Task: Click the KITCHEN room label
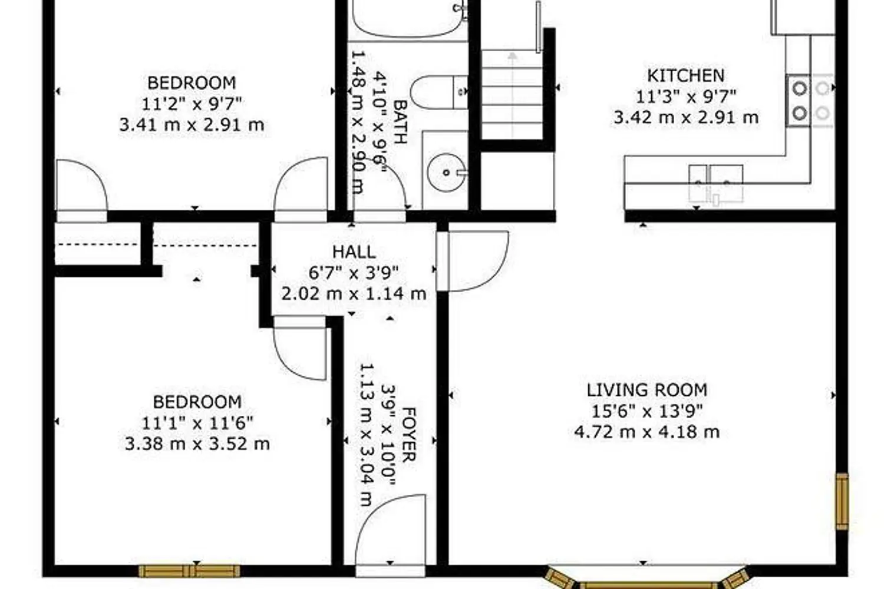tap(686, 76)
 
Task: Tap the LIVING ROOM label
tap(647, 390)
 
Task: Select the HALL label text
tap(354, 252)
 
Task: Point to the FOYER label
tap(409, 434)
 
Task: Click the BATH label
tap(400, 122)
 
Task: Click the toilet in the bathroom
tap(439, 92)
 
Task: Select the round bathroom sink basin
tap(446, 173)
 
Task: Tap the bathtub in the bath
tap(409, 19)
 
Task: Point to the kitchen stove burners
tap(810, 101)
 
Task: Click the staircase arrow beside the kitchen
tap(512, 95)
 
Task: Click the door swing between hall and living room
tap(473, 261)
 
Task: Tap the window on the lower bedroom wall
tap(189, 571)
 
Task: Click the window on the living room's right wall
tap(842, 502)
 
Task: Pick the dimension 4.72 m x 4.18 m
tap(647, 432)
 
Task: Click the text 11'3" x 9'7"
tap(686, 97)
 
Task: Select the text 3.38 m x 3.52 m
tap(197, 444)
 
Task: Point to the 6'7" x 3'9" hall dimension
tap(354, 273)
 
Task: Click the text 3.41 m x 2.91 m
tap(192, 125)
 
